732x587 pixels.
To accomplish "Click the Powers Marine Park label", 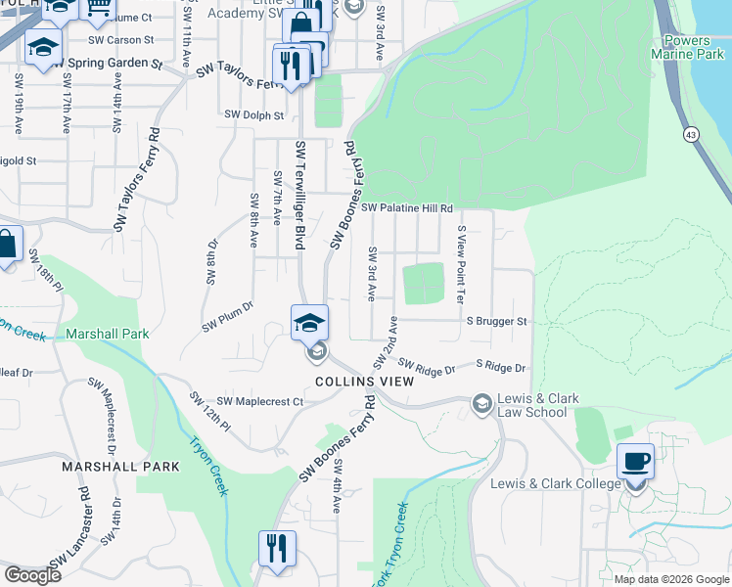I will (x=693, y=48).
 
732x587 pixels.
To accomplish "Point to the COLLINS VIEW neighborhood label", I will (x=364, y=381).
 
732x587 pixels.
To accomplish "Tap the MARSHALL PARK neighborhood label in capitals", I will (x=120, y=467).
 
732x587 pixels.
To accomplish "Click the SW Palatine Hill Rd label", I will (x=407, y=207).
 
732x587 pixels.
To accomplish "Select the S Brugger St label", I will (x=496, y=321).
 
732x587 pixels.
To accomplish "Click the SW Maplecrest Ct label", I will (x=260, y=401).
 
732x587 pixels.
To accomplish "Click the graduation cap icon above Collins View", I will (x=309, y=321).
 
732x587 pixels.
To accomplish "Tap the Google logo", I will (x=32, y=575).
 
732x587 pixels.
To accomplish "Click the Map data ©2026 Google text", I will (x=670, y=579).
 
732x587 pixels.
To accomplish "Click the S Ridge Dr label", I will (x=500, y=367).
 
